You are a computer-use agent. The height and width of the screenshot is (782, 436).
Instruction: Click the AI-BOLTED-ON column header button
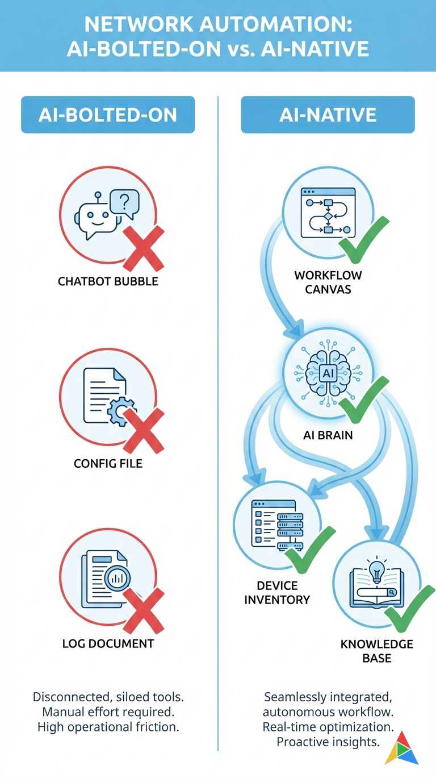pos(108,115)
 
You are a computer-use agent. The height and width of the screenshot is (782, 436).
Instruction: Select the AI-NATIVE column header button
pos(328,115)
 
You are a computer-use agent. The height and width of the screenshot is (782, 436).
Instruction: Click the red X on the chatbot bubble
pos(143,248)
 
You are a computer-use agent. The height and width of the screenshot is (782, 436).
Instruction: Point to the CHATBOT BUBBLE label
pos(108,281)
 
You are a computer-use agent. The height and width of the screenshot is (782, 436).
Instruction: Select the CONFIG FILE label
pos(108,464)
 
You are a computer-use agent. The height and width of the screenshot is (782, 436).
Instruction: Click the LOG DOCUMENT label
pos(108,644)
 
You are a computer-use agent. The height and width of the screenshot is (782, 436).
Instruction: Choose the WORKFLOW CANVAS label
pos(328,282)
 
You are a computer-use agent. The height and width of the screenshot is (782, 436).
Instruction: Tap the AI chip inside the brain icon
pos(328,373)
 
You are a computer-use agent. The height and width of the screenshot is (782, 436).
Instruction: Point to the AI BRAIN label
pos(328,435)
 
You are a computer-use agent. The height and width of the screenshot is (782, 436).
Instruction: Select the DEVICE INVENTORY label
pos(278,592)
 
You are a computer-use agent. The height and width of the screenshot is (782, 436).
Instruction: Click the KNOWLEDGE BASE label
pos(376,651)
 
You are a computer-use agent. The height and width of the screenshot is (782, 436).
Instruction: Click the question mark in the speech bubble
pos(125,200)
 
